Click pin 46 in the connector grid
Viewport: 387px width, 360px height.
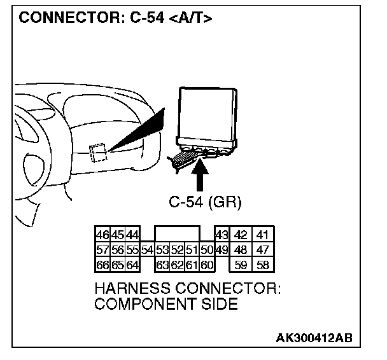(101, 235)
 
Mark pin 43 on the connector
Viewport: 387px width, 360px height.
(222, 235)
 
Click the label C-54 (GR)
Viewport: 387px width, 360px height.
(205, 202)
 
